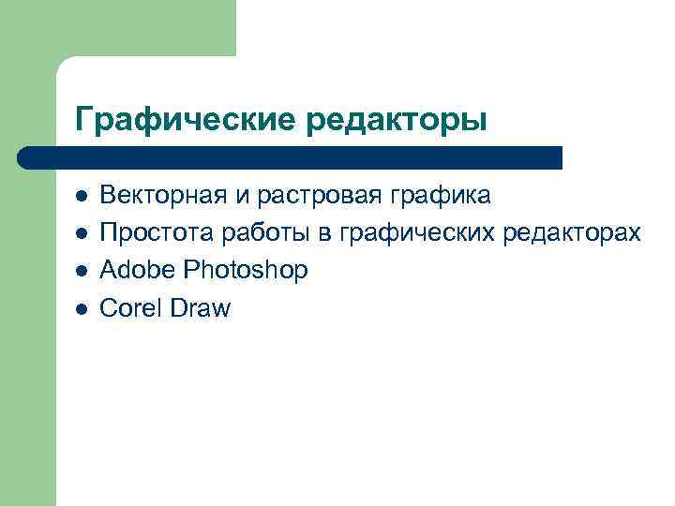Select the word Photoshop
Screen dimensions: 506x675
point(245,272)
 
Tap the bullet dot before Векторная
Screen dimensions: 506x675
point(82,197)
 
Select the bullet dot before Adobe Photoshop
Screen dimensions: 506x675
point(82,272)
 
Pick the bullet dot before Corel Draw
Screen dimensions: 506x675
point(82,309)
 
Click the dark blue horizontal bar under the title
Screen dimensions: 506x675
point(291,157)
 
